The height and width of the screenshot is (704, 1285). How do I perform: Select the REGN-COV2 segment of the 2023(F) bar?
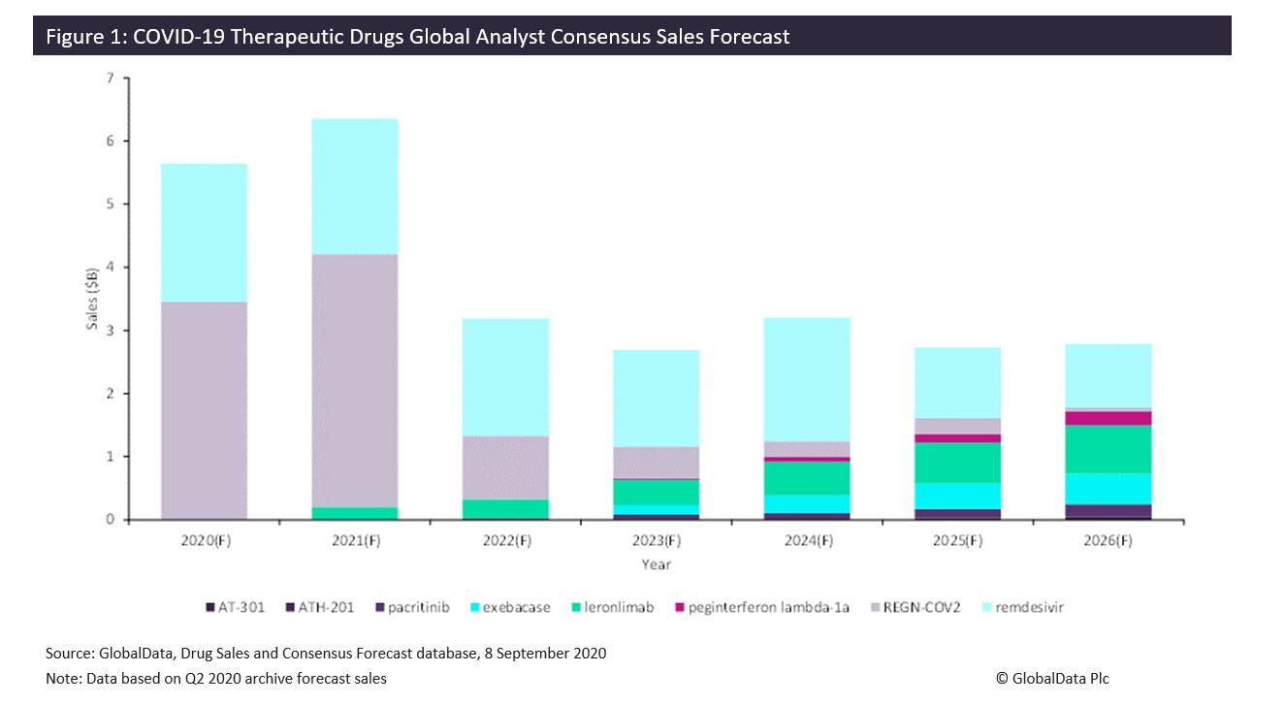tap(656, 463)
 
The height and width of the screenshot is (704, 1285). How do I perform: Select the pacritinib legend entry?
tap(413, 608)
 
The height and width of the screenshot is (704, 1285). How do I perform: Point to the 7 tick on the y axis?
tap(111, 78)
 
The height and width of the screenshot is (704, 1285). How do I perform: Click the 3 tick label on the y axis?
tap(111, 331)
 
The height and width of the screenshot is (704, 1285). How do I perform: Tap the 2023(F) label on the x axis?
tap(656, 541)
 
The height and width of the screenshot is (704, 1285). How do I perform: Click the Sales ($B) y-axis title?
tap(92, 299)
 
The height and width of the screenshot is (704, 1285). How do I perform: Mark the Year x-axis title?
tap(656, 564)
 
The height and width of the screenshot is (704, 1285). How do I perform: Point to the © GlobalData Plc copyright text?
tap(1051, 679)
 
